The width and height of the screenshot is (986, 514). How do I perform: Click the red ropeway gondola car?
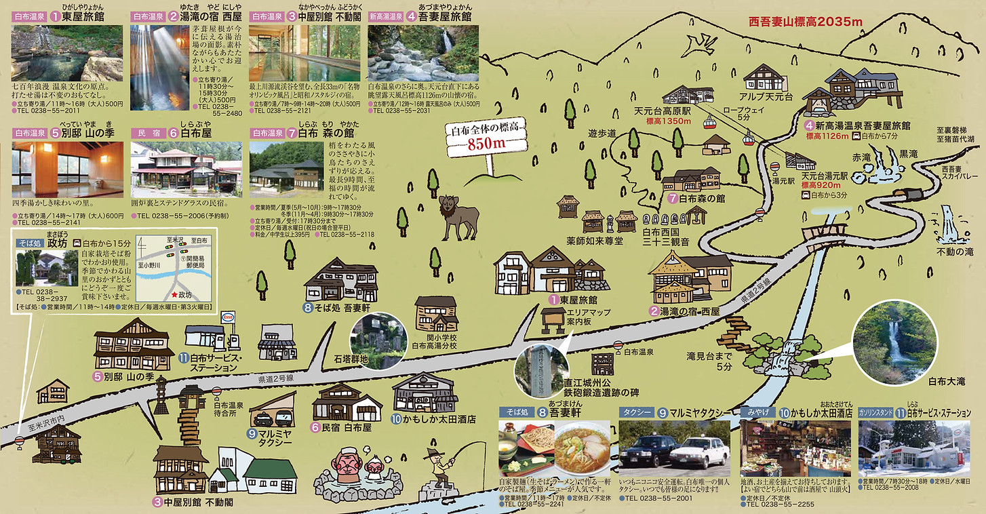point(710,122)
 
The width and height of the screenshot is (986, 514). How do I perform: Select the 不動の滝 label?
point(954,252)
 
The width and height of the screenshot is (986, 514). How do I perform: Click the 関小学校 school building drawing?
point(436,313)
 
